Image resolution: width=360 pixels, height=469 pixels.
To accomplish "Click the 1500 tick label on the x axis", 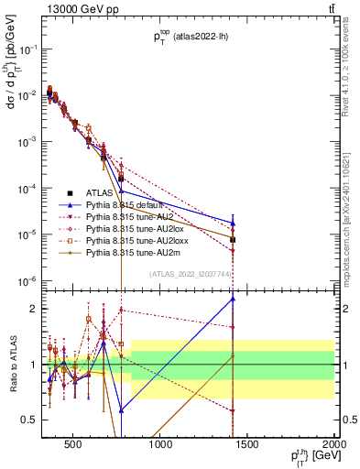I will (x=247, y=446).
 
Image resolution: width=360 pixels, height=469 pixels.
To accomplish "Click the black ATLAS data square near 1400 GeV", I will (x=233, y=240).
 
